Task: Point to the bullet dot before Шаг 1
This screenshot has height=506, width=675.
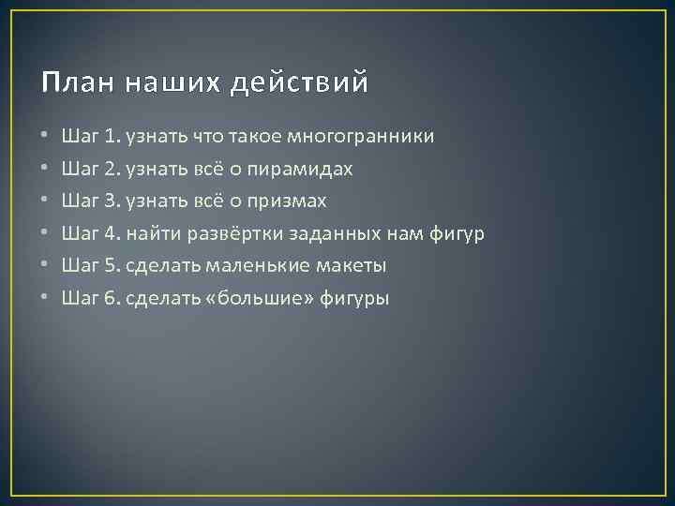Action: [x=44, y=137]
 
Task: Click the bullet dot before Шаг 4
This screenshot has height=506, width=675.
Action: [x=44, y=234]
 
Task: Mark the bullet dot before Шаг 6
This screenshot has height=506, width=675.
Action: [x=44, y=299]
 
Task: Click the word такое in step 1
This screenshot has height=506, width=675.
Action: [x=248, y=137]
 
